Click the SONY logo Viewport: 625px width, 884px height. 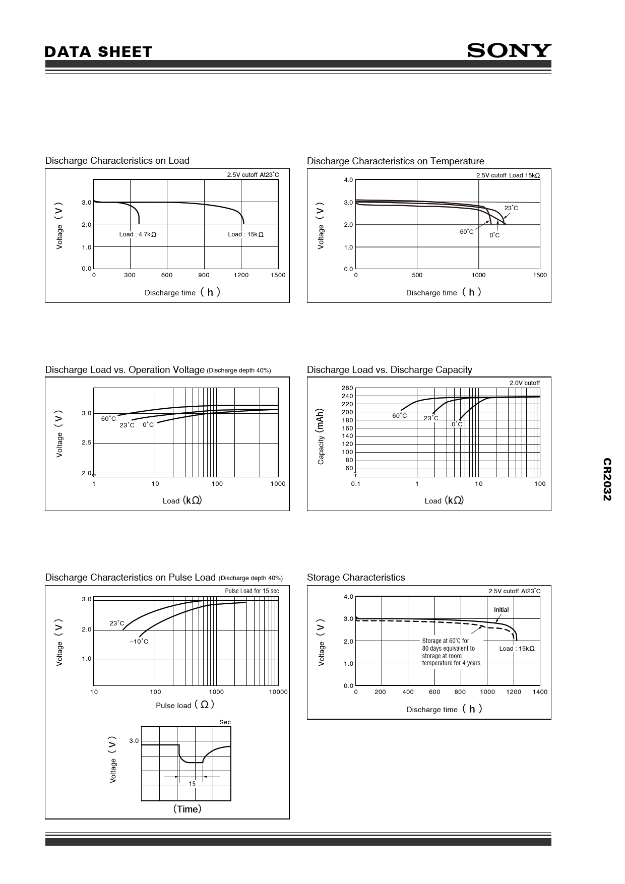point(509,50)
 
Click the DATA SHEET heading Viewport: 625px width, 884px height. point(98,52)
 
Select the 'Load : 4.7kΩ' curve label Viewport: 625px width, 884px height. point(138,234)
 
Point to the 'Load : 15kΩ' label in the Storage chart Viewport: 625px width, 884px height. point(517,649)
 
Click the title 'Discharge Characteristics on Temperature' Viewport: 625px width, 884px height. point(395,161)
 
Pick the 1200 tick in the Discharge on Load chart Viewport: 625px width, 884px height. point(241,275)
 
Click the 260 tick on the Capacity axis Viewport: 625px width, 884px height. point(347,388)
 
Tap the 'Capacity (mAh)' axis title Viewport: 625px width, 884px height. point(321,436)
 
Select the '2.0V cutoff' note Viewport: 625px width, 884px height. point(524,383)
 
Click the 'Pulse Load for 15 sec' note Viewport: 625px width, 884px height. point(252,591)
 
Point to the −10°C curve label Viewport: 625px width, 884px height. point(139,642)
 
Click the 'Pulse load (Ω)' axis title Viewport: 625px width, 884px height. point(185,705)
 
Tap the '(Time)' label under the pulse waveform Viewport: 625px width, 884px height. point(187,809)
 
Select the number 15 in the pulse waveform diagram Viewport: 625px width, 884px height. point(192,784)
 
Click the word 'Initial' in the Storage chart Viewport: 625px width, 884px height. point(501,610)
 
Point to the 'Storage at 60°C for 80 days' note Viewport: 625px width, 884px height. point(451,652)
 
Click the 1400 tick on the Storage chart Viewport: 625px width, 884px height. point(539,692)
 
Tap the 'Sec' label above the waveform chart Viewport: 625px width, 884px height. point(225,722)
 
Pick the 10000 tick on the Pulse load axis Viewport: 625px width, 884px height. point(278,692)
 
